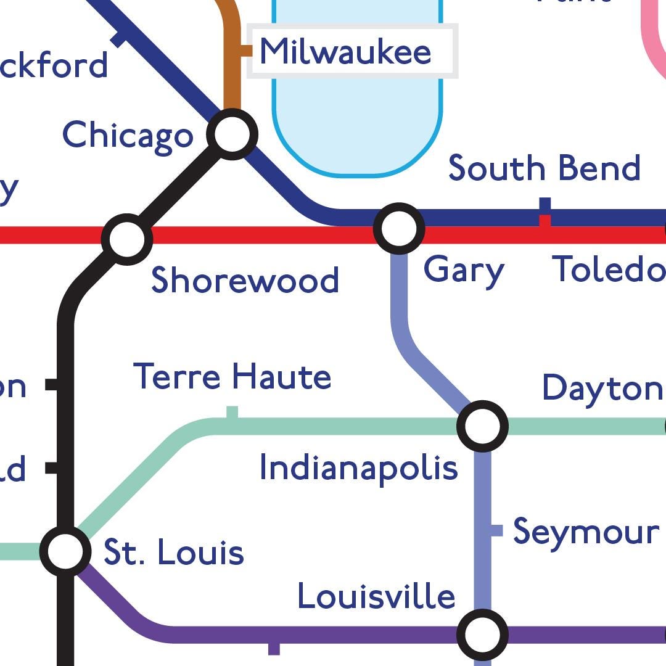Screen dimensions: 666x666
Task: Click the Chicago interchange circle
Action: pos(232,134)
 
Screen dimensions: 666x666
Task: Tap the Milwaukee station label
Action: pos(345,51)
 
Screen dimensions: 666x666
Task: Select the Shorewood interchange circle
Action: pos(127,239)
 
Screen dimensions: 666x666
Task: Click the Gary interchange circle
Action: pos(399,228)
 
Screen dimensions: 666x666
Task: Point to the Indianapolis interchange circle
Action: pos(482,425)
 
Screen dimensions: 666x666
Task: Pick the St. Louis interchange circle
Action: pos(65,551)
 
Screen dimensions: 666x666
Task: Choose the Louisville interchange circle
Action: pos(482,634)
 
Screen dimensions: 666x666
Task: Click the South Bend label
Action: pos(544,168)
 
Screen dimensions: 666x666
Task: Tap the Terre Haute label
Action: pos(232,376)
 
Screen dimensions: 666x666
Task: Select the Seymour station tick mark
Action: pos(497,530)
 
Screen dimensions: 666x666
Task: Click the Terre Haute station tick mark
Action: pos(232,412)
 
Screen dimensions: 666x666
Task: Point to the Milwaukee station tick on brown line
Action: pos(246,51)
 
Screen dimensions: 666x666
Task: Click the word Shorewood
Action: pos(245,280)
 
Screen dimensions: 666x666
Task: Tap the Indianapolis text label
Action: pos(358,468)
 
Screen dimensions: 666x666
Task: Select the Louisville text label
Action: pos(376,596)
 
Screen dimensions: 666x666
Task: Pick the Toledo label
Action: pos(608,269)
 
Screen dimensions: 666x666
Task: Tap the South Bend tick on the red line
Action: pos(545,221)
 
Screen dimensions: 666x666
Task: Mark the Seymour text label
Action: pos(586,532)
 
